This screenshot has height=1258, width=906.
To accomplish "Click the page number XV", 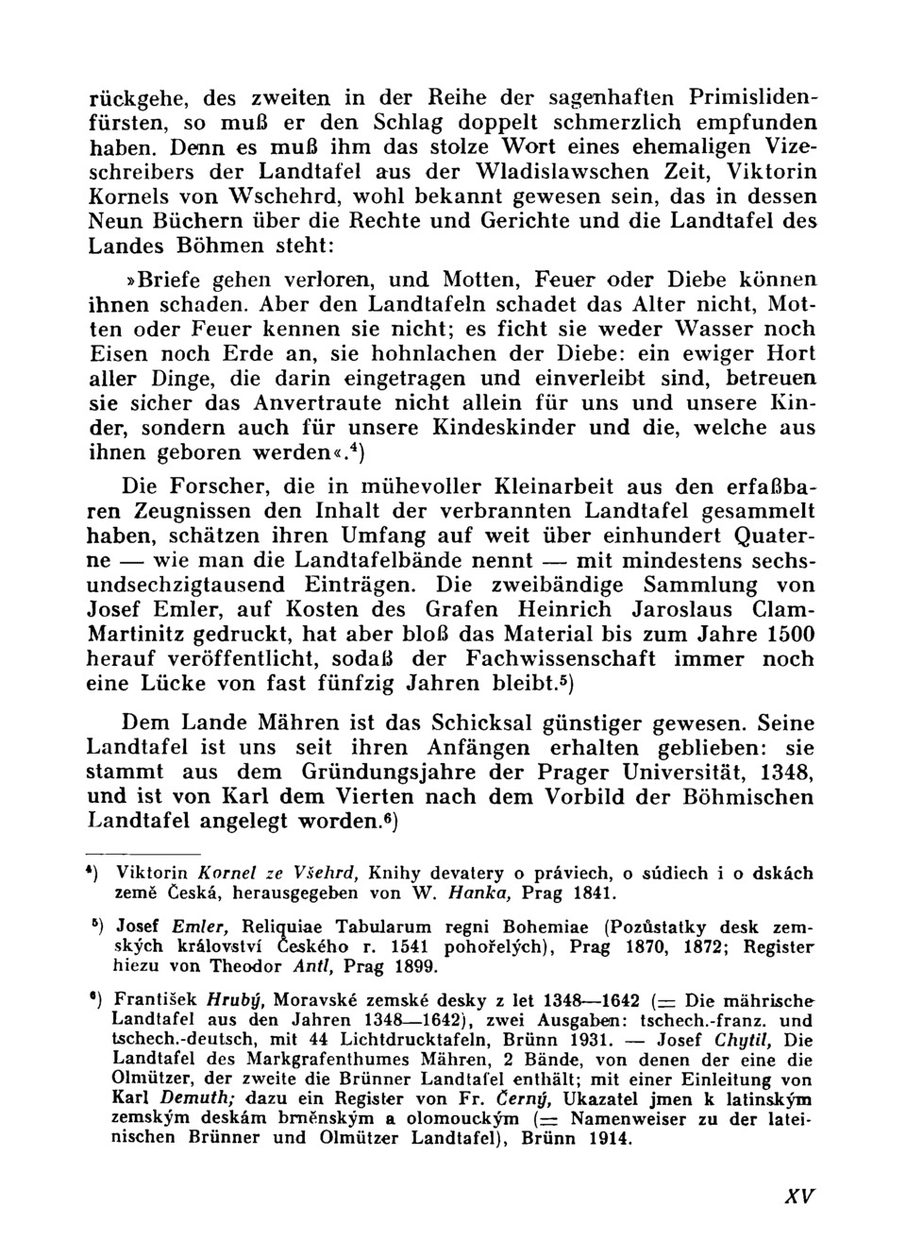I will point(797,1196).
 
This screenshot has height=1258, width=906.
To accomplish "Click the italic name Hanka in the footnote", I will point(475,892).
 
